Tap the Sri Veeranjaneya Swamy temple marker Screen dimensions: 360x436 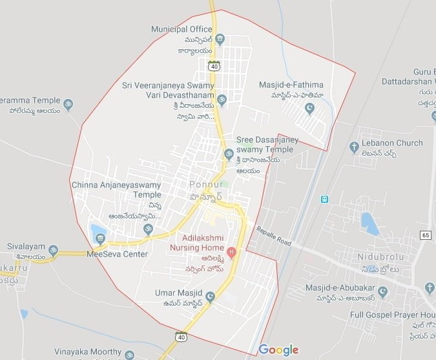coord(222,100)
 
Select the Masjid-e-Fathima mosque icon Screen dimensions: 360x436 coord(309,108)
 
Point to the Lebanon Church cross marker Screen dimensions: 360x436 coord(353,147)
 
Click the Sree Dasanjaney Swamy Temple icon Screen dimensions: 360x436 coord(227,154)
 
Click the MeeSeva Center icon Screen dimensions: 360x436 coord(100,239)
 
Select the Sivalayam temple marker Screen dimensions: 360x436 coord(54,250)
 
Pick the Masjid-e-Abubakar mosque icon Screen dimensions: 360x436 coord(382,293)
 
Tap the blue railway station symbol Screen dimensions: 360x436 coord(324,199)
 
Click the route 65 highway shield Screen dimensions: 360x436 coord(424,235)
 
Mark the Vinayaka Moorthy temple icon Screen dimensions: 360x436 coord(129,355)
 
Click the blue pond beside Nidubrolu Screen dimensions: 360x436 coord(370,224)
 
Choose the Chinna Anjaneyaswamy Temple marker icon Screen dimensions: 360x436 coord(148,228)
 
